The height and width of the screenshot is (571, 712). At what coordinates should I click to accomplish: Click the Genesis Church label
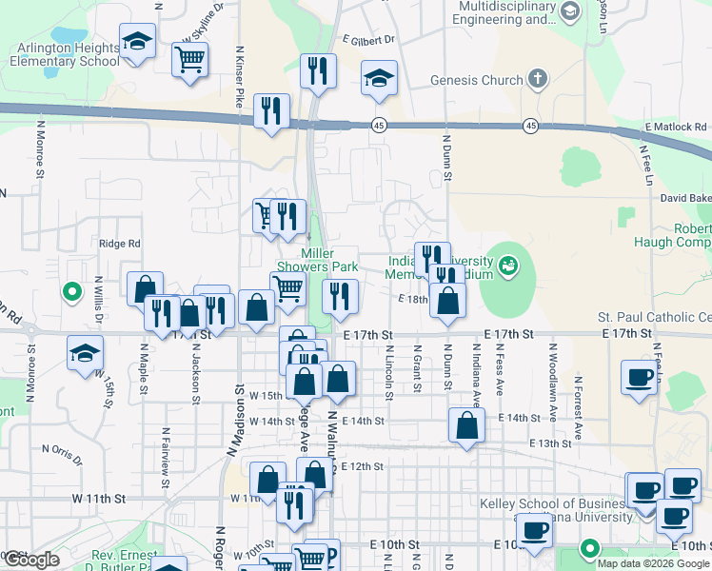(x=477, y=81)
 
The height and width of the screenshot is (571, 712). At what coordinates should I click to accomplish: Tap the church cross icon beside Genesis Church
(x=538, y=79)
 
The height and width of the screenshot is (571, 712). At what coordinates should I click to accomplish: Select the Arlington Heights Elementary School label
(x=65, y=54)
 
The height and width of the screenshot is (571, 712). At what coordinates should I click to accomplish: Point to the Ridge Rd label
(x=119, y=244)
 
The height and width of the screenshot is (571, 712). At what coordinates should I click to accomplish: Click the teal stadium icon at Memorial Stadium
(x=507, y=264)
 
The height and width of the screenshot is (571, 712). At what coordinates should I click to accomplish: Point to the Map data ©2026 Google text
(x=653, y=561)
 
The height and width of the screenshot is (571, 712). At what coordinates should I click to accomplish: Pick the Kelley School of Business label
(x=571, y=503)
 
